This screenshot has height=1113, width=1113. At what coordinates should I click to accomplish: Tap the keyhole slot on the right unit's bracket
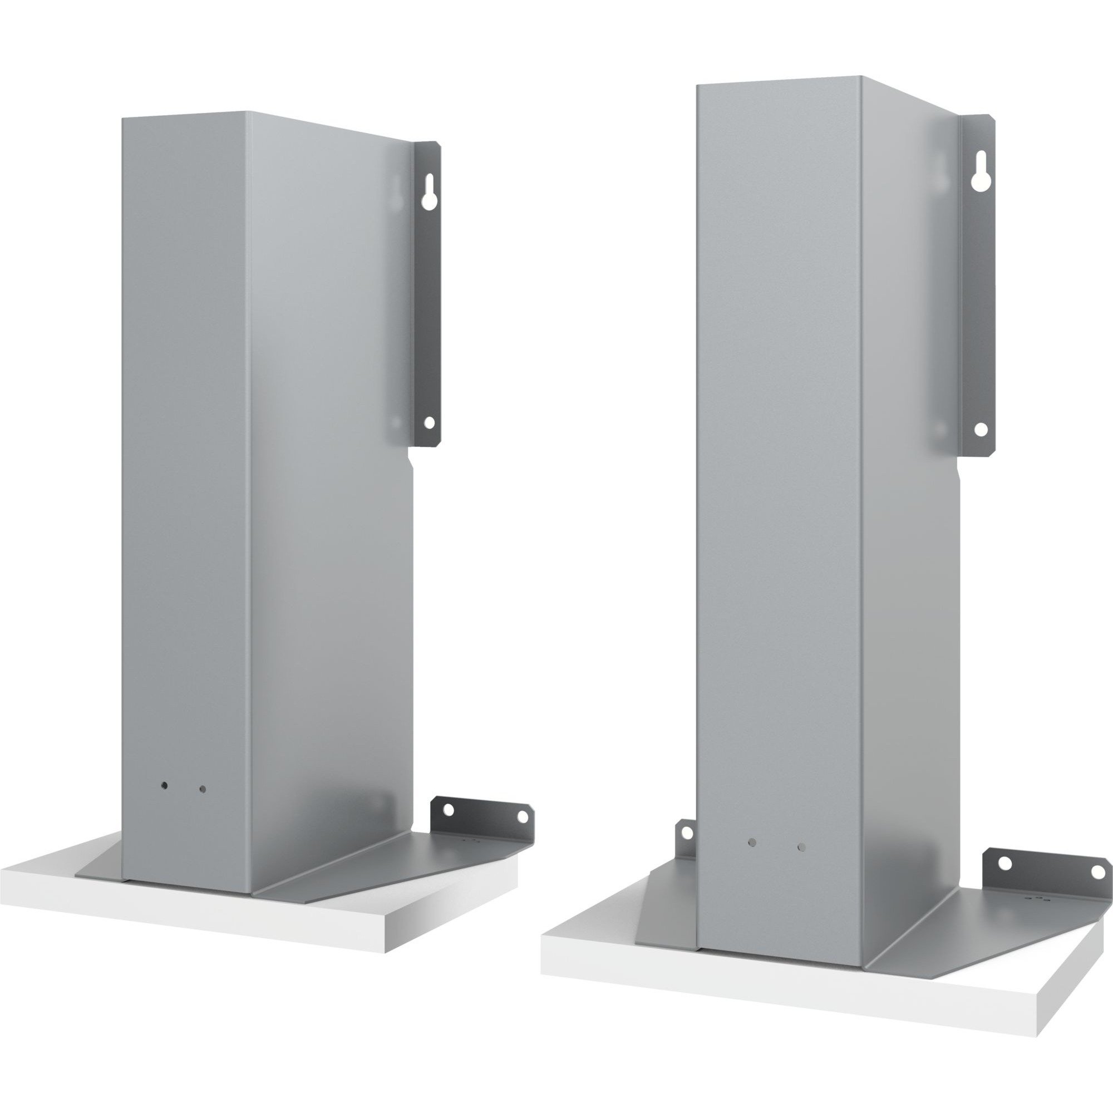(x=979, y=181)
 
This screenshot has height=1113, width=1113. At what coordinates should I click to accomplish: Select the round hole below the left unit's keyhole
(x=428, y=422)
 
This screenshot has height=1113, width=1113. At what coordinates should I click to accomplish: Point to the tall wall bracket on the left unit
(x=427, y=299)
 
